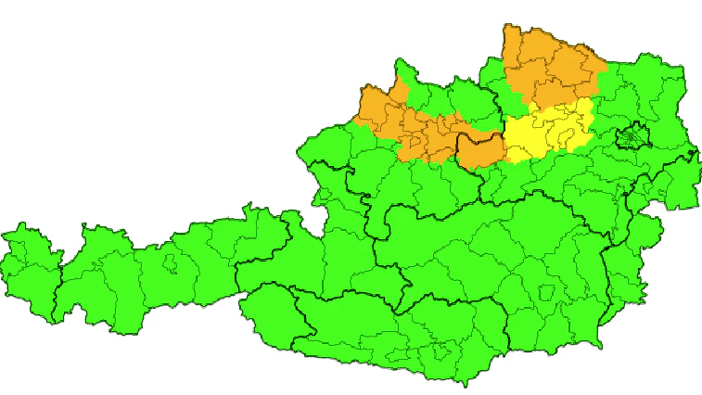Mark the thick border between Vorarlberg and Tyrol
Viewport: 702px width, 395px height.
pos(58,278)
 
